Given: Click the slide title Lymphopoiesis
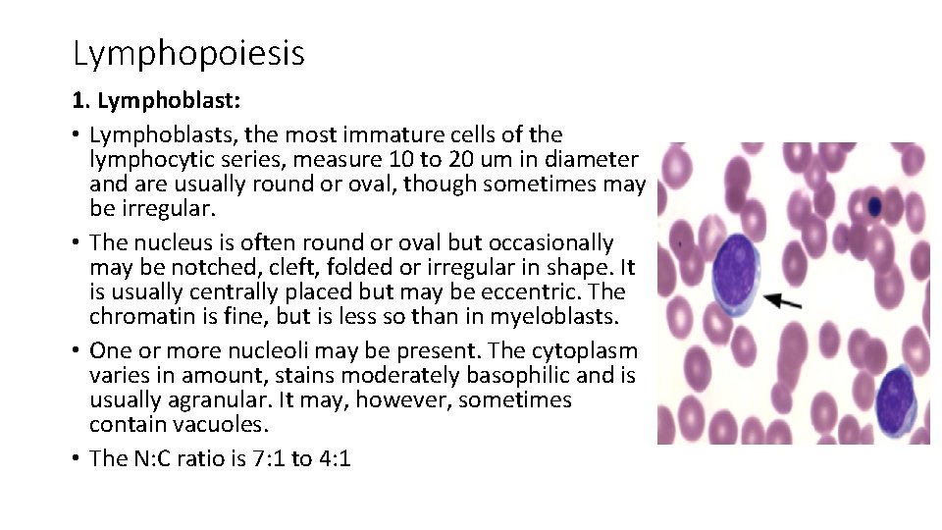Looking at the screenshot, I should tap(188, 53).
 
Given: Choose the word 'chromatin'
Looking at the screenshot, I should tap(136, 316).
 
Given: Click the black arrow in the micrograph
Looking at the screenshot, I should tap(783, 300).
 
